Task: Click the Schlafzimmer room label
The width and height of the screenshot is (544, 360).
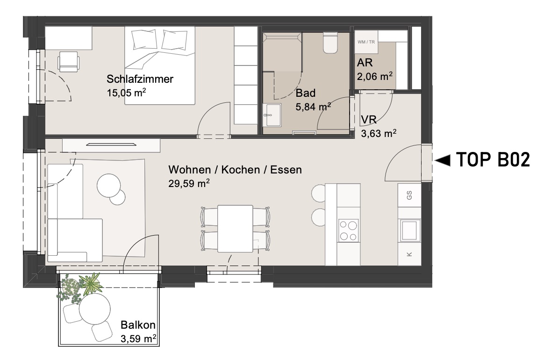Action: [140, 79]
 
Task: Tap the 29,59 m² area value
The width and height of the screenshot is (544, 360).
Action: [189, 183]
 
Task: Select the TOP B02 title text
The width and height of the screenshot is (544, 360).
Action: [493, 160]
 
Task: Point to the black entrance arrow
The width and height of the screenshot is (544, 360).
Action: [443, 160]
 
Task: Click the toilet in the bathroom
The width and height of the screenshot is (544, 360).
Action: [330, 43]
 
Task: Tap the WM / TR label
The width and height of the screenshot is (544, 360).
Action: [366, 42]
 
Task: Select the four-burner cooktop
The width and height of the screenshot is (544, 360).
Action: [348, 230]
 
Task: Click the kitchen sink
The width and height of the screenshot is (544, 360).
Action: [410, 230]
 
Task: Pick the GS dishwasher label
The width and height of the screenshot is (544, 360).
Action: [409, 195]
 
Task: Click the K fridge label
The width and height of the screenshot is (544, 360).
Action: [409, 254]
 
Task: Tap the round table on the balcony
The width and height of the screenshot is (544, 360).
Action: [95, 309]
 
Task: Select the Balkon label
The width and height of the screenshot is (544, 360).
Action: [138, 325]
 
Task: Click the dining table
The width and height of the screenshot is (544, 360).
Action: [235, 229]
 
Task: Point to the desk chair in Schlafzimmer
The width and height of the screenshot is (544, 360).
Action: [68, 61]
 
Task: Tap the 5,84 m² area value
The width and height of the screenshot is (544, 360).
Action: [313, 106]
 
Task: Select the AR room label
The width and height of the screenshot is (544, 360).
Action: [365, 63]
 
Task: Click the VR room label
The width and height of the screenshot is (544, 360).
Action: [369, 120]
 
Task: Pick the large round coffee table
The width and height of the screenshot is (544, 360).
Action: [108, 186]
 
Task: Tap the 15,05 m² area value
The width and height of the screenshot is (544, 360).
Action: [126, 93]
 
